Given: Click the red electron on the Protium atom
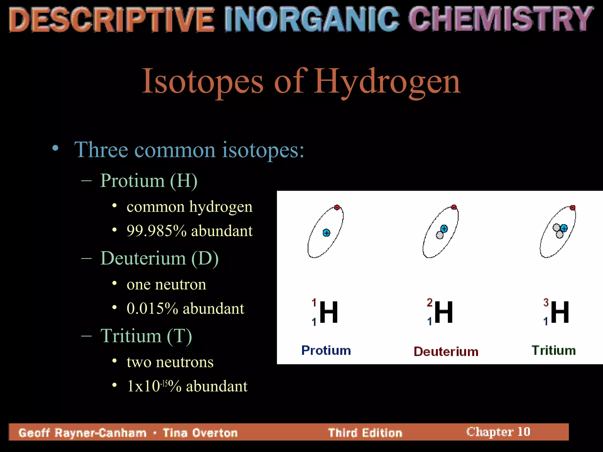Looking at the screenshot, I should [x=337, y=207].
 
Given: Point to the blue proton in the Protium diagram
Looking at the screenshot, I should [x=326, y=233].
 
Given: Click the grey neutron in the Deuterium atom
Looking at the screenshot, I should [x=440, y=235].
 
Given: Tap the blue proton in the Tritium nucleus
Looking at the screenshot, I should [x=564, y=228].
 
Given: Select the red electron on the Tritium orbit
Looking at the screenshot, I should [x=572, y=208].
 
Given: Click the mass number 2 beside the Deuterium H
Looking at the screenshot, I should [x=430, y=303].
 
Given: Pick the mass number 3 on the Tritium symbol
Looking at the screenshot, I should [x=546, y=303].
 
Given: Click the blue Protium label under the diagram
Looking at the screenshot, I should [x=326, y=350].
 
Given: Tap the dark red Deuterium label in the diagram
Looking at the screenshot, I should [x=446, y=352].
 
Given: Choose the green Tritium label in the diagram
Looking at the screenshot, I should [x=554, y=350].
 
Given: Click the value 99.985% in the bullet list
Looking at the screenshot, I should [x=156, y=231].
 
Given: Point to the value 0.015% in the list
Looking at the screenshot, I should [x=152, y=308].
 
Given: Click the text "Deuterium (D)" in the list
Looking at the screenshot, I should [x=159, y=258].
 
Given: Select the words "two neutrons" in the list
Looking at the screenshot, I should [x=170, y=362].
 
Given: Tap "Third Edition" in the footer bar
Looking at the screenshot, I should [x=365, y=433].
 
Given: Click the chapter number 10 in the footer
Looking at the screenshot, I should [x=524, y=432].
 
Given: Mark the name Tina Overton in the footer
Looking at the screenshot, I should [x=200, y=433].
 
